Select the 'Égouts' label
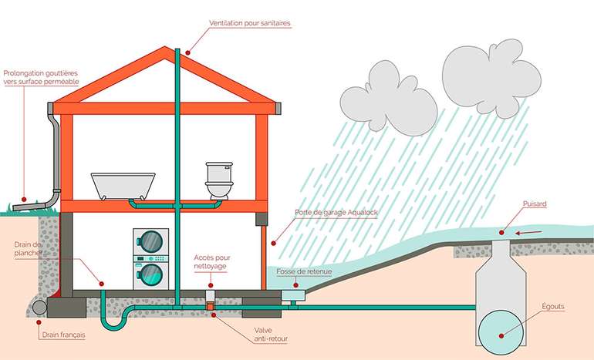click(552, 306)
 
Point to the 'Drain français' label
click(64, 335)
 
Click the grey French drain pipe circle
click(39, 307)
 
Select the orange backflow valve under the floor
click(210, 307)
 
